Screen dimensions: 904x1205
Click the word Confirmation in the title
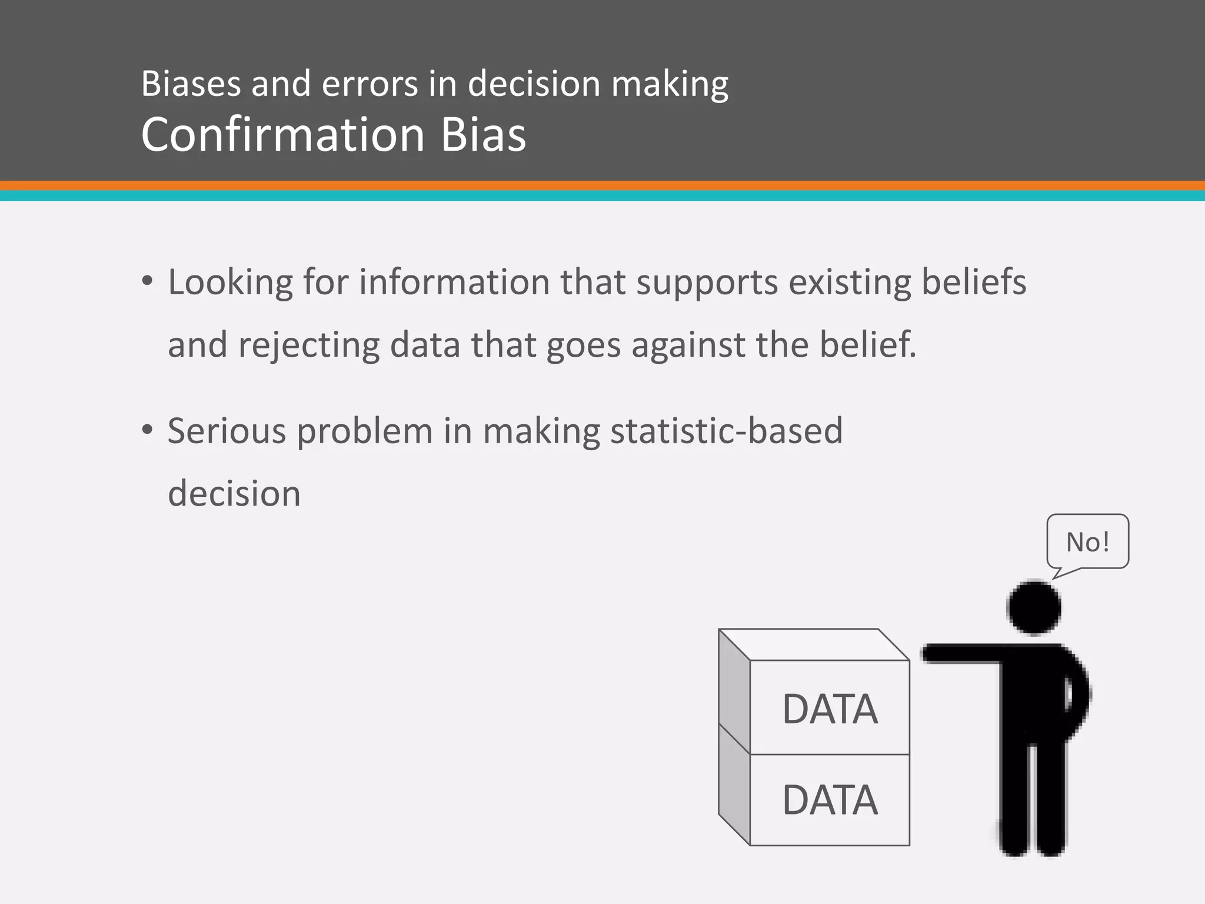[283, 135]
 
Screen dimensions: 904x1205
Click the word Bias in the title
[482, 135]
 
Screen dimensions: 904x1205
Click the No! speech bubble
[1087, 541]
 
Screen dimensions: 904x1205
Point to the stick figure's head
[1034, 608]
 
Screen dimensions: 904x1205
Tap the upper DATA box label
[830, 709]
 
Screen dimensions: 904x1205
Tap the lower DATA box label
[830, 800]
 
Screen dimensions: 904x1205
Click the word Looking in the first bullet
[230, 282]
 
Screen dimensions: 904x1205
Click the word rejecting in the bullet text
[308, 345]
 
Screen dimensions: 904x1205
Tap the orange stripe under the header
[602, 186]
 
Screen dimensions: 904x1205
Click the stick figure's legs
[1033, 800]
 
